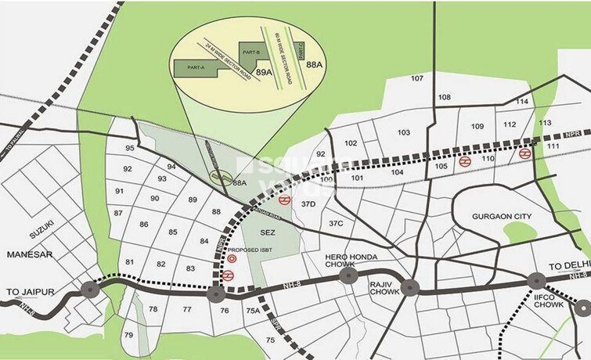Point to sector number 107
(416, 78)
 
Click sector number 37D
(308, 204)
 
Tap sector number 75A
(253, 311)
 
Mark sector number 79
(128, 336)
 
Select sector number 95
(129, 149)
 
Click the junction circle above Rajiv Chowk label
(410, 287)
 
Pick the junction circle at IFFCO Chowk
(536, 280)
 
